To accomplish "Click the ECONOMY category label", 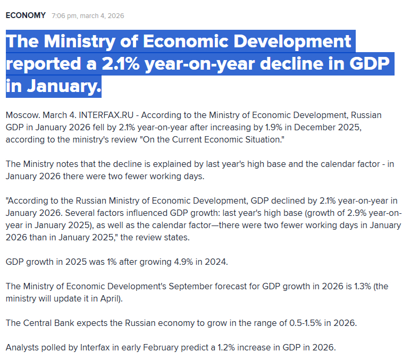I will click(x=26, y=15).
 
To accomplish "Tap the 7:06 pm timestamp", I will click(x=64, y=16).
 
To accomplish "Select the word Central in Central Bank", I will click(x=38, y=323).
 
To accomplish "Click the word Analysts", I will click(x=23, y=348).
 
